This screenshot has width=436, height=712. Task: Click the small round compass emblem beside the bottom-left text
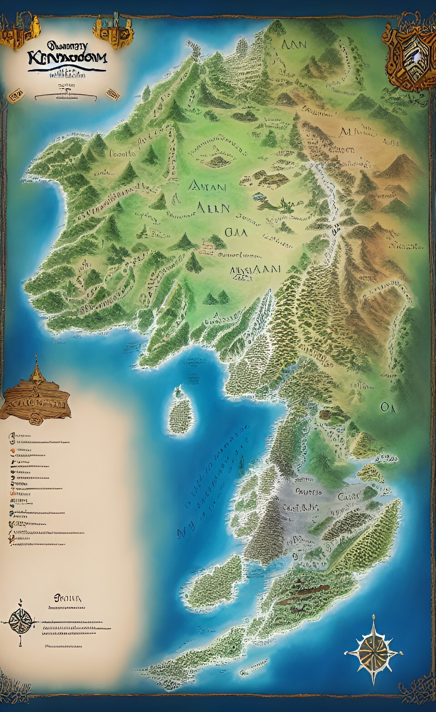pyautogui.click(x=20, y=621)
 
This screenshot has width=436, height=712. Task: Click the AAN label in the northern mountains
pyautogui.click(x=294, y=44)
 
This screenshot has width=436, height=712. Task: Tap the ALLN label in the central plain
pyautogui.click(x=213, y=208)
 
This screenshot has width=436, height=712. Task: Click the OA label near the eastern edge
pyautogui.click(x=388, y=407)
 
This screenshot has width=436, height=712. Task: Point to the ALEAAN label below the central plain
pyautogui.click(x=255, y=269)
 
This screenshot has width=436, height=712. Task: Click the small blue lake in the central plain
pyautogui.click(x=259, y=197)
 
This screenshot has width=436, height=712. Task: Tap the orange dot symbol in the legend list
pyautogui.click(x=13, y=450)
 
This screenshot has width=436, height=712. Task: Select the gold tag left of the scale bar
pyautogui.click(x=16, y=95)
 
